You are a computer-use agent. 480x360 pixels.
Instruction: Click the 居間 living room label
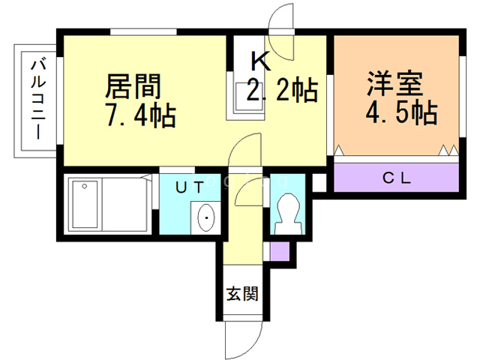[133, 86]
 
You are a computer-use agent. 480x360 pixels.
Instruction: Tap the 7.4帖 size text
[140, 115]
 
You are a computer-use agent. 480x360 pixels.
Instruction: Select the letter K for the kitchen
[261, 61]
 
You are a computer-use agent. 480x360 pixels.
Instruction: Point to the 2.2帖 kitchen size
[282, 90]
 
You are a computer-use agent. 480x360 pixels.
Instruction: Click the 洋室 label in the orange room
[395, 84]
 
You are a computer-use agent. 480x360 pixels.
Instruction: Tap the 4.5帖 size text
[401, 112]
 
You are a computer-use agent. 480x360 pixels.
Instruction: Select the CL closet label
[397, 178]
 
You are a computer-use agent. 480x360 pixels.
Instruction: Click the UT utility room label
[190, 187]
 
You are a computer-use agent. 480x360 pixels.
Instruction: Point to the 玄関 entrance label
[242, 293]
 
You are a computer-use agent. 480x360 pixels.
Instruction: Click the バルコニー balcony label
[38, 100]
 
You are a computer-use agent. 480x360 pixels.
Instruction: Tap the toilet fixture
[288, 214]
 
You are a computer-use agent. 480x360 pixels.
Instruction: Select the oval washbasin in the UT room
[206, 217]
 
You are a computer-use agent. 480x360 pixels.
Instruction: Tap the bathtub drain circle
[85, 186]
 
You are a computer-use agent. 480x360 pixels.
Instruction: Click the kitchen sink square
[249, 97]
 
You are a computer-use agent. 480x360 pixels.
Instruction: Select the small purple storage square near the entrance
[280, 251]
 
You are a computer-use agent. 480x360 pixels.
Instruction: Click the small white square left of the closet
[319, 183]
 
